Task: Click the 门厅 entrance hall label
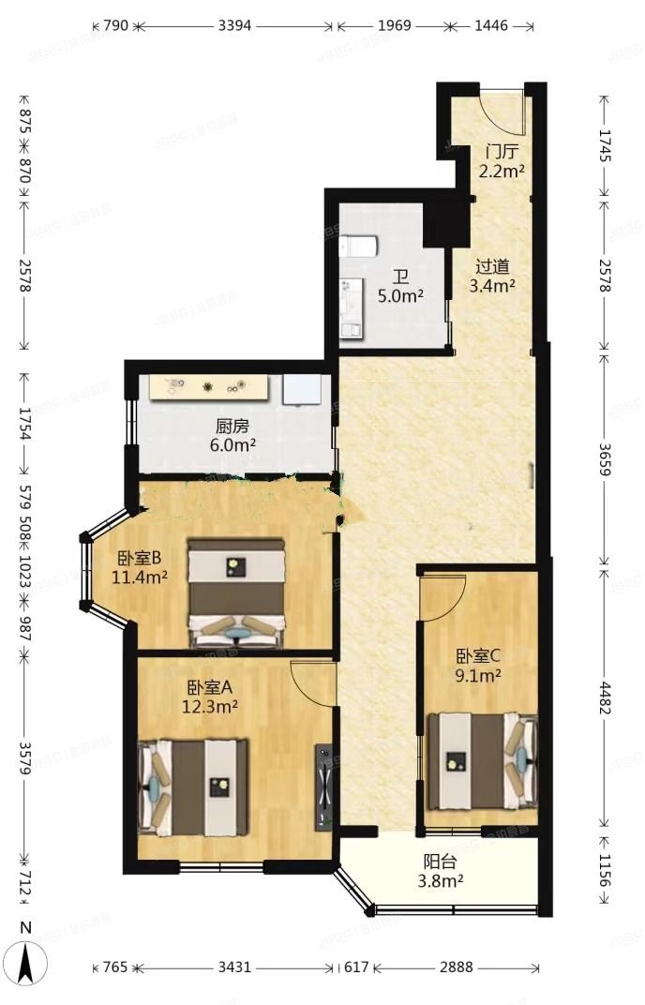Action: coord(502,151)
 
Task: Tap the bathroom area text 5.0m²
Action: coord(400,293)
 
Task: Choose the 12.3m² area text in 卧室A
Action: coord(209,705)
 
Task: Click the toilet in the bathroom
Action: coord(360,247)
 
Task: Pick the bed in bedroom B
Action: coord(235,592)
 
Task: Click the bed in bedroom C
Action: coord(482,760)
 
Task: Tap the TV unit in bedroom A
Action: coord(323,786)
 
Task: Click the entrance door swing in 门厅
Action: coord(499,112)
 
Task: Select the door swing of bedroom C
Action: coord(443,595)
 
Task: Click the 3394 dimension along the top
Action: coord(234,26)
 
